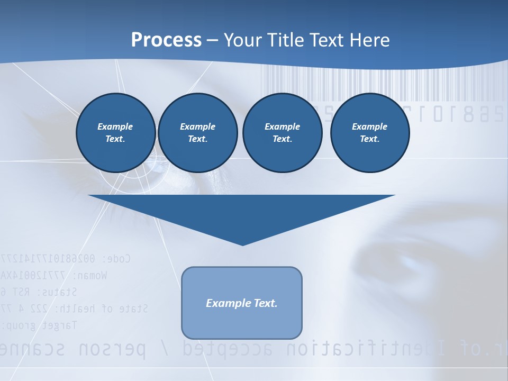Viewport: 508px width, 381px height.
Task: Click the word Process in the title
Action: point(166,40)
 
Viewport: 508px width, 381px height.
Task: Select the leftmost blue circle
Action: point(116,133)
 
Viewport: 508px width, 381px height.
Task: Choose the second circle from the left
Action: point(198,133)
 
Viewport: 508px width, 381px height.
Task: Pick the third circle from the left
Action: point(282,133)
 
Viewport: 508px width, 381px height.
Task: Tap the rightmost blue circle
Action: point(370,133)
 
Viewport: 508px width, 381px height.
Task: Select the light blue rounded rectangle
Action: point(242,303)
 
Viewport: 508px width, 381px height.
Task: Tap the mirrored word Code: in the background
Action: point(114,259)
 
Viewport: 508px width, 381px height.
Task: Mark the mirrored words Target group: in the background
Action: point(40,325)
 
